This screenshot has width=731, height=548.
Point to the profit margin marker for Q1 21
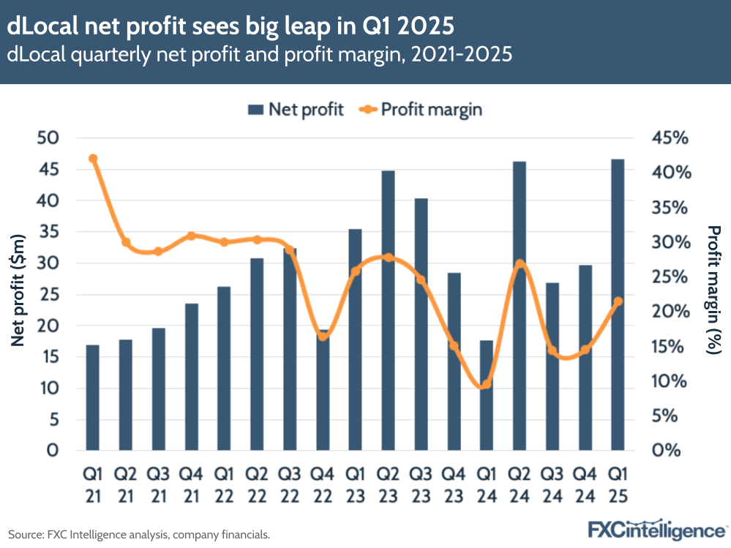(x=93, y=159)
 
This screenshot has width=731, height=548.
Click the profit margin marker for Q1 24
(x=487, y=384)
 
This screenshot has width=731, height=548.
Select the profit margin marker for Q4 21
(x=191, y=236)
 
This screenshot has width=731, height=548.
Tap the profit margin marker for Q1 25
(x=618, y=301)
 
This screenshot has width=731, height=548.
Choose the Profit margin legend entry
(x=421, y=110)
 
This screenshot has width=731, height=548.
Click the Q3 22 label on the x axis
(x=290, y=485)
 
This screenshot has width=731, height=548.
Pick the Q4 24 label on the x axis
(x=585, y=485)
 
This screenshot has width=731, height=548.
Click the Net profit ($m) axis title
(x=20, y=293)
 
